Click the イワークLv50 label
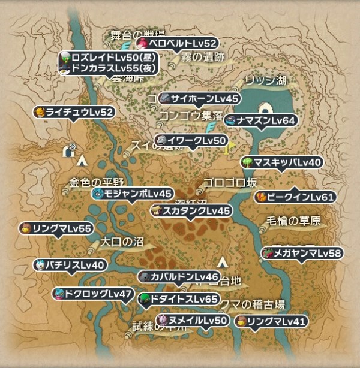[x=190, y=141]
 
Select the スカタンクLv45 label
[x=190, y=210]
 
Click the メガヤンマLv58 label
[x=302, y=253]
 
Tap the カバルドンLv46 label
[x=179, y=276]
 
